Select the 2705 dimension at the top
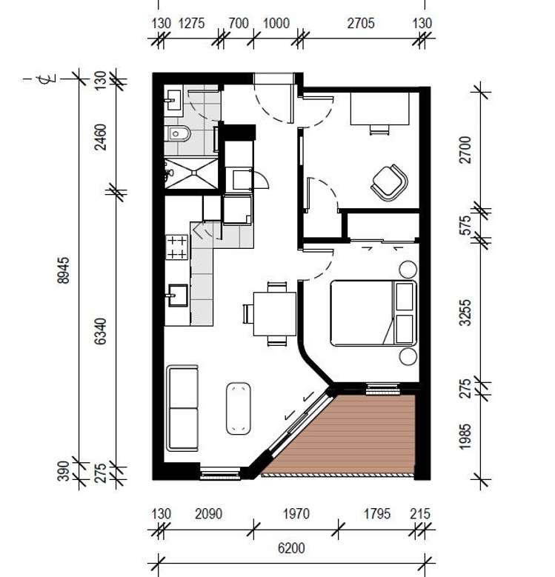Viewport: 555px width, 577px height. [x=361, y=23]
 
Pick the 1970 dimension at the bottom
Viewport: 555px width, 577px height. [x=296, y=514]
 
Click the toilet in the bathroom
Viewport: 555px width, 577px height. [x=179, y=134]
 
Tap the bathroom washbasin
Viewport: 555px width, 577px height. [x=175, y=99]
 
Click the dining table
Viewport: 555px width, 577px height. [x=274, y=314]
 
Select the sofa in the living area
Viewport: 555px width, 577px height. [x=182, y=407]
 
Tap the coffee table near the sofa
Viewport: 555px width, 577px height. [x=238, y=407]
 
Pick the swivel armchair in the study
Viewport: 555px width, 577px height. [x=389, y=181]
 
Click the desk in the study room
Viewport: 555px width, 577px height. [x=379, y=109]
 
